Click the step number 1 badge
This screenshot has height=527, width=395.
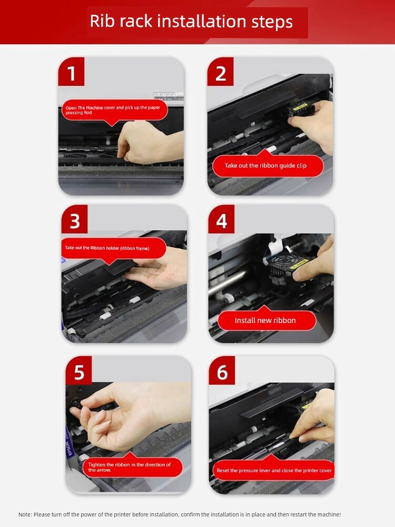(x=71, y=72)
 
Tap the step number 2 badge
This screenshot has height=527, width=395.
(x=220, y=72)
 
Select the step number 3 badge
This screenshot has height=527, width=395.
(x=75, y=219)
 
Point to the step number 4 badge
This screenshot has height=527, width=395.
(x=221, y=219)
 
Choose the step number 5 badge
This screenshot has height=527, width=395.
(x=79, y=370)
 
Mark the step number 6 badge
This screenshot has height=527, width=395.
(x=222, y=370)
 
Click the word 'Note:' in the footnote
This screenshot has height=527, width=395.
(x=25, y=514)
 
